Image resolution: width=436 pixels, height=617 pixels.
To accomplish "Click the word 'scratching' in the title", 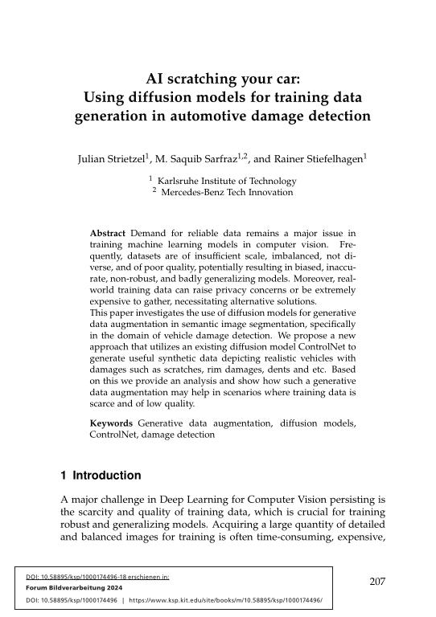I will pyautogui.click(x=206, y=80).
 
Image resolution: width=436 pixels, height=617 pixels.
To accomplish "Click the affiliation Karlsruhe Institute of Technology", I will pyautogui.click(x=228, y=181).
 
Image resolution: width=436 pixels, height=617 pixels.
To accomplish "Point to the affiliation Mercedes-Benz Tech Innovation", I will pyautogui.click(x=228, y=192).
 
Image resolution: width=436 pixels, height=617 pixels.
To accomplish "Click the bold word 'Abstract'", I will pyautogui.click(x=109, y=233).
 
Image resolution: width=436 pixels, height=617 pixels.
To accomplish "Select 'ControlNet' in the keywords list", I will pyautogui.click(x=115, y=434).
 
